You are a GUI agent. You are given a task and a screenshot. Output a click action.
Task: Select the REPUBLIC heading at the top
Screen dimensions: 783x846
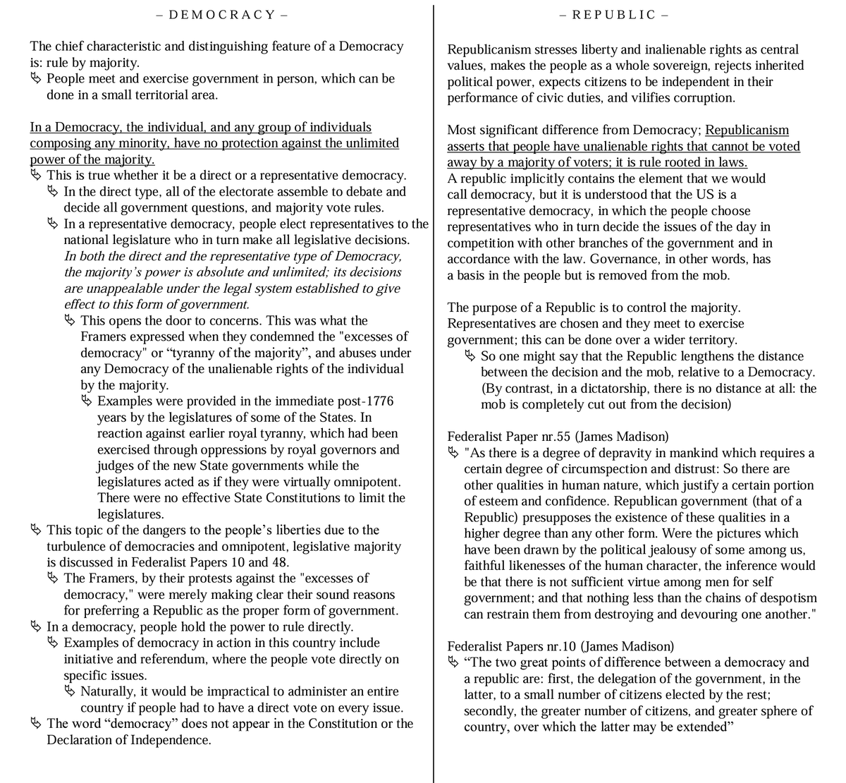point(614,14)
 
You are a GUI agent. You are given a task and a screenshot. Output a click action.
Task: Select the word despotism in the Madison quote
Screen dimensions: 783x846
point(784,597)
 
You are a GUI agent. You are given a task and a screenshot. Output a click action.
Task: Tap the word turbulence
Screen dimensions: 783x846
point(78,546)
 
